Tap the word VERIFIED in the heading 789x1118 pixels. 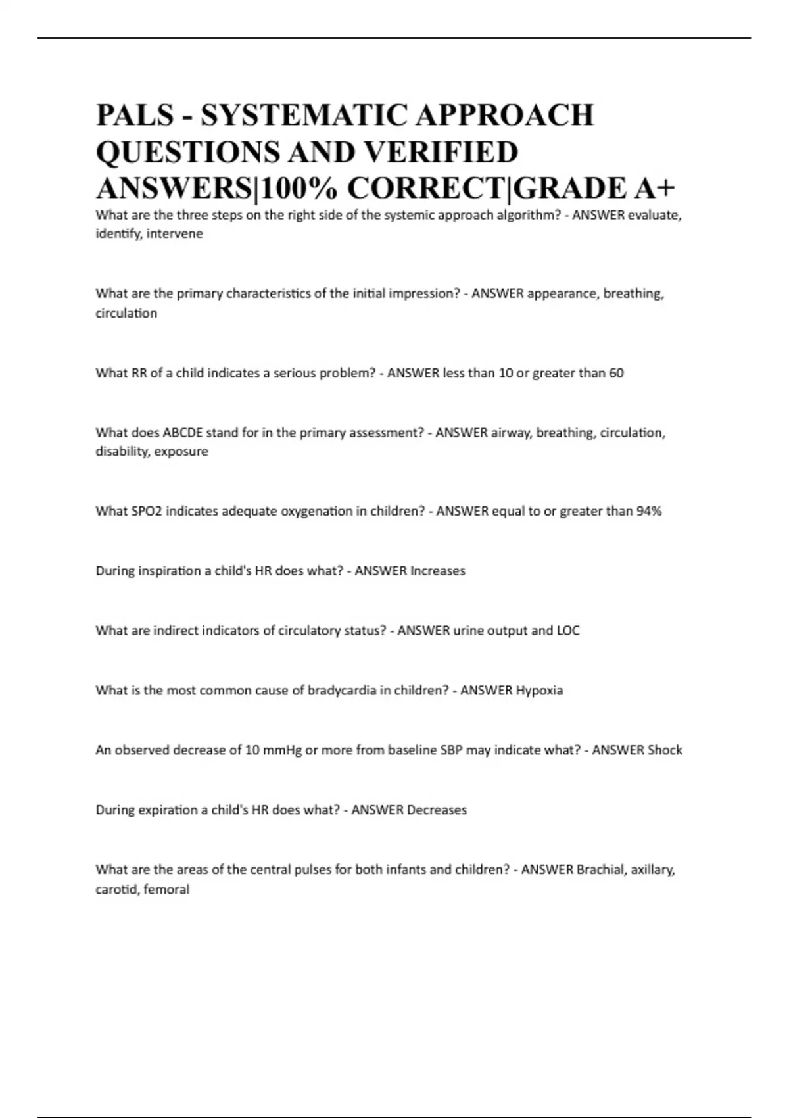pyautogui.click(x=441, y=152)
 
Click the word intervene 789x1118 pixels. pyautogui.click(x=174, y=233)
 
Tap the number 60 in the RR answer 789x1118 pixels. pyautogui.click(x=615, y=373)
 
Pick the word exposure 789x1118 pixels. pyautogui.click(x=182, y=451)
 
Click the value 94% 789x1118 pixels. pyautogui.click(x=649, y=511)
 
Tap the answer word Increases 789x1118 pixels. pyautogui.click(x=437, y=571)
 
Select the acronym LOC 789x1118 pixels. pyautogui.click(x=568, y=631)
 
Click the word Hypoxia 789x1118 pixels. pyautogui.click(x=539, y=691)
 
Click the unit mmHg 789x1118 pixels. pyautogui.click(x=282, y=750)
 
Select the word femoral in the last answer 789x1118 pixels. pyautogui.click(x=166, y=890)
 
